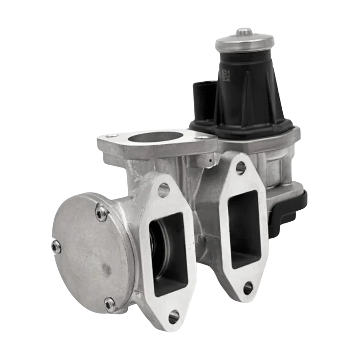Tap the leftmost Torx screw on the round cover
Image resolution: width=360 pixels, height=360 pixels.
tap(56, 247)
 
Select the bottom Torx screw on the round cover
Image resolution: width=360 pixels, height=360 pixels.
tap(110, 303)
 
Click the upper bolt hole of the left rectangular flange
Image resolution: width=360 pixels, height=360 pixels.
tap(164, 190)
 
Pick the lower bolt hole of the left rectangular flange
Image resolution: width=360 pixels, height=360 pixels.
tap(174, 316)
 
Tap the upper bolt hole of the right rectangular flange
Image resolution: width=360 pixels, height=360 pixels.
tap(241, 168)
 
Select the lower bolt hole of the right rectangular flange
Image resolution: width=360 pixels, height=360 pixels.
tap(248, 288)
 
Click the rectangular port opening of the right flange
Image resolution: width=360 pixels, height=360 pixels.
tap(243, 228)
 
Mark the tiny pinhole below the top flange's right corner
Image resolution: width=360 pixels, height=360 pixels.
tap(212, 155)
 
